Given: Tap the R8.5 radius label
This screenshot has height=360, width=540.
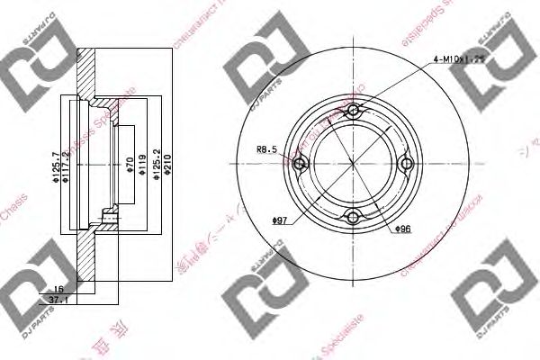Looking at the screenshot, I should click(x=268, y=150).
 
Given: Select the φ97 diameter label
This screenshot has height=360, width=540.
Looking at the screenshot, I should click(x=282, y=220).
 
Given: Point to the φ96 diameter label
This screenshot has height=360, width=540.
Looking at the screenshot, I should click(x=403, y=229).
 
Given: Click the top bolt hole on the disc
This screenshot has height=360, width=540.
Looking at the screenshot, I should click(x=353, y=111).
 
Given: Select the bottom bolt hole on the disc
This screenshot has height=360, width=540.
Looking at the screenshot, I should click(x=353, y=216).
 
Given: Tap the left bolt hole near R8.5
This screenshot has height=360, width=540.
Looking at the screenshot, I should click(x=300, y=163).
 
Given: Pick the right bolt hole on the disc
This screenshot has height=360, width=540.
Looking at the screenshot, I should click(x=406, y=163).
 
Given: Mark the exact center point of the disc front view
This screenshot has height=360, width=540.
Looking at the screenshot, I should click(x=353, y=163).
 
